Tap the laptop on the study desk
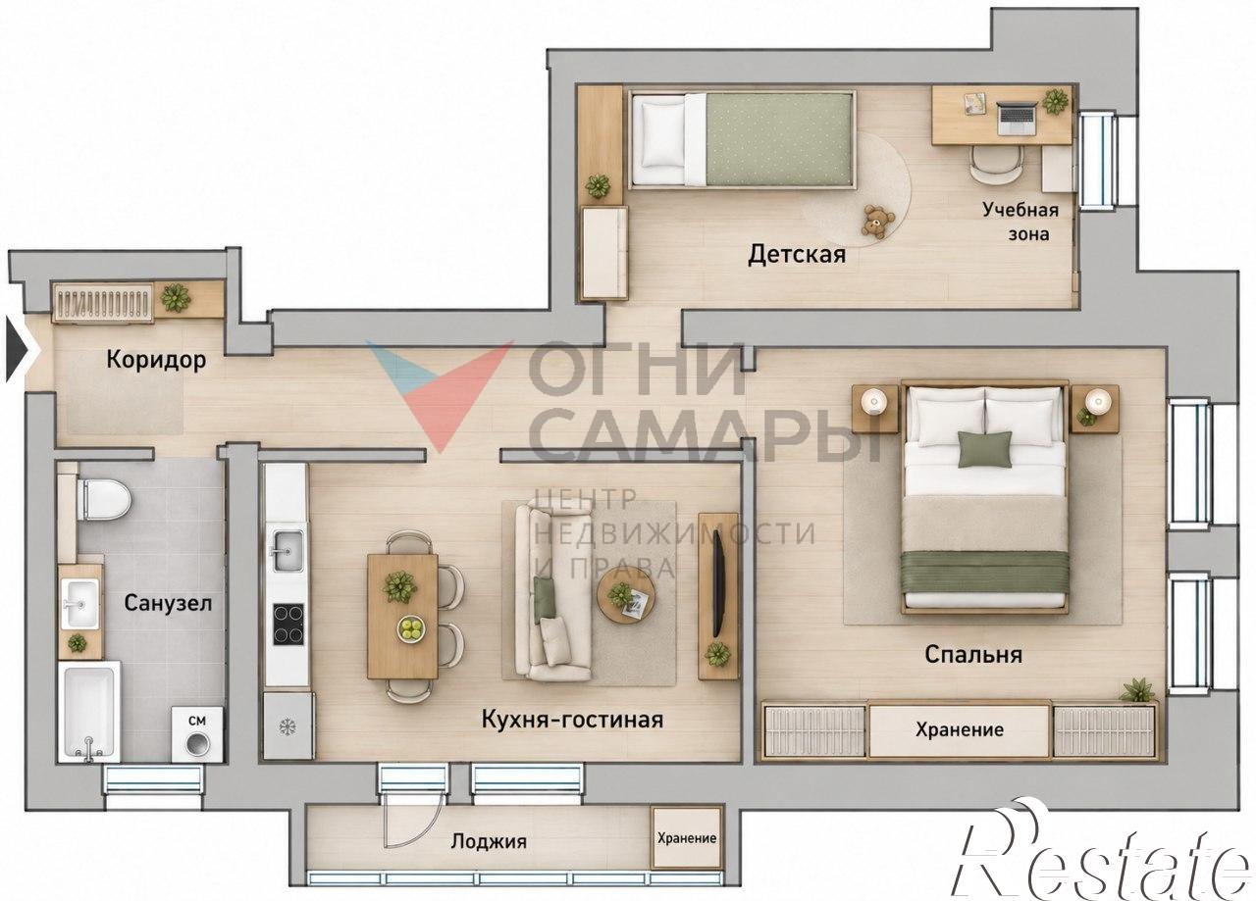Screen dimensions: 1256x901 click(x=1018, y=119)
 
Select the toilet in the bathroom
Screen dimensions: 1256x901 click(x=104, y=499)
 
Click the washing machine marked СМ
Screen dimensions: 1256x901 click(x=197, y=734)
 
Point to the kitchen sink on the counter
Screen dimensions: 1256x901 click(x=288, y=550)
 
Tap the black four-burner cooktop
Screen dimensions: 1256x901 click(x=288, y=625)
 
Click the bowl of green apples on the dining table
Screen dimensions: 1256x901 click(x=412, y=628)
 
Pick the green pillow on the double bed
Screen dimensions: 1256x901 click(x=985, y=449)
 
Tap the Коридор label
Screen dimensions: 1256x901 click(x=156, y=360)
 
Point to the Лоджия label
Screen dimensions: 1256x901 click(x=489, y=841)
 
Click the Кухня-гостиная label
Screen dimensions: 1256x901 click(x=572, y=720)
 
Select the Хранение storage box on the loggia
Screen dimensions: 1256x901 click(x=686, y=838)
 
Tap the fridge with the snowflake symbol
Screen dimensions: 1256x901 click(x=288, y=726)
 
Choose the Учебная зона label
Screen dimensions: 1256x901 click(x=1020, y=222)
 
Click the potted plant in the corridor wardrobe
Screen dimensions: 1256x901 click(x=176, y=297)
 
